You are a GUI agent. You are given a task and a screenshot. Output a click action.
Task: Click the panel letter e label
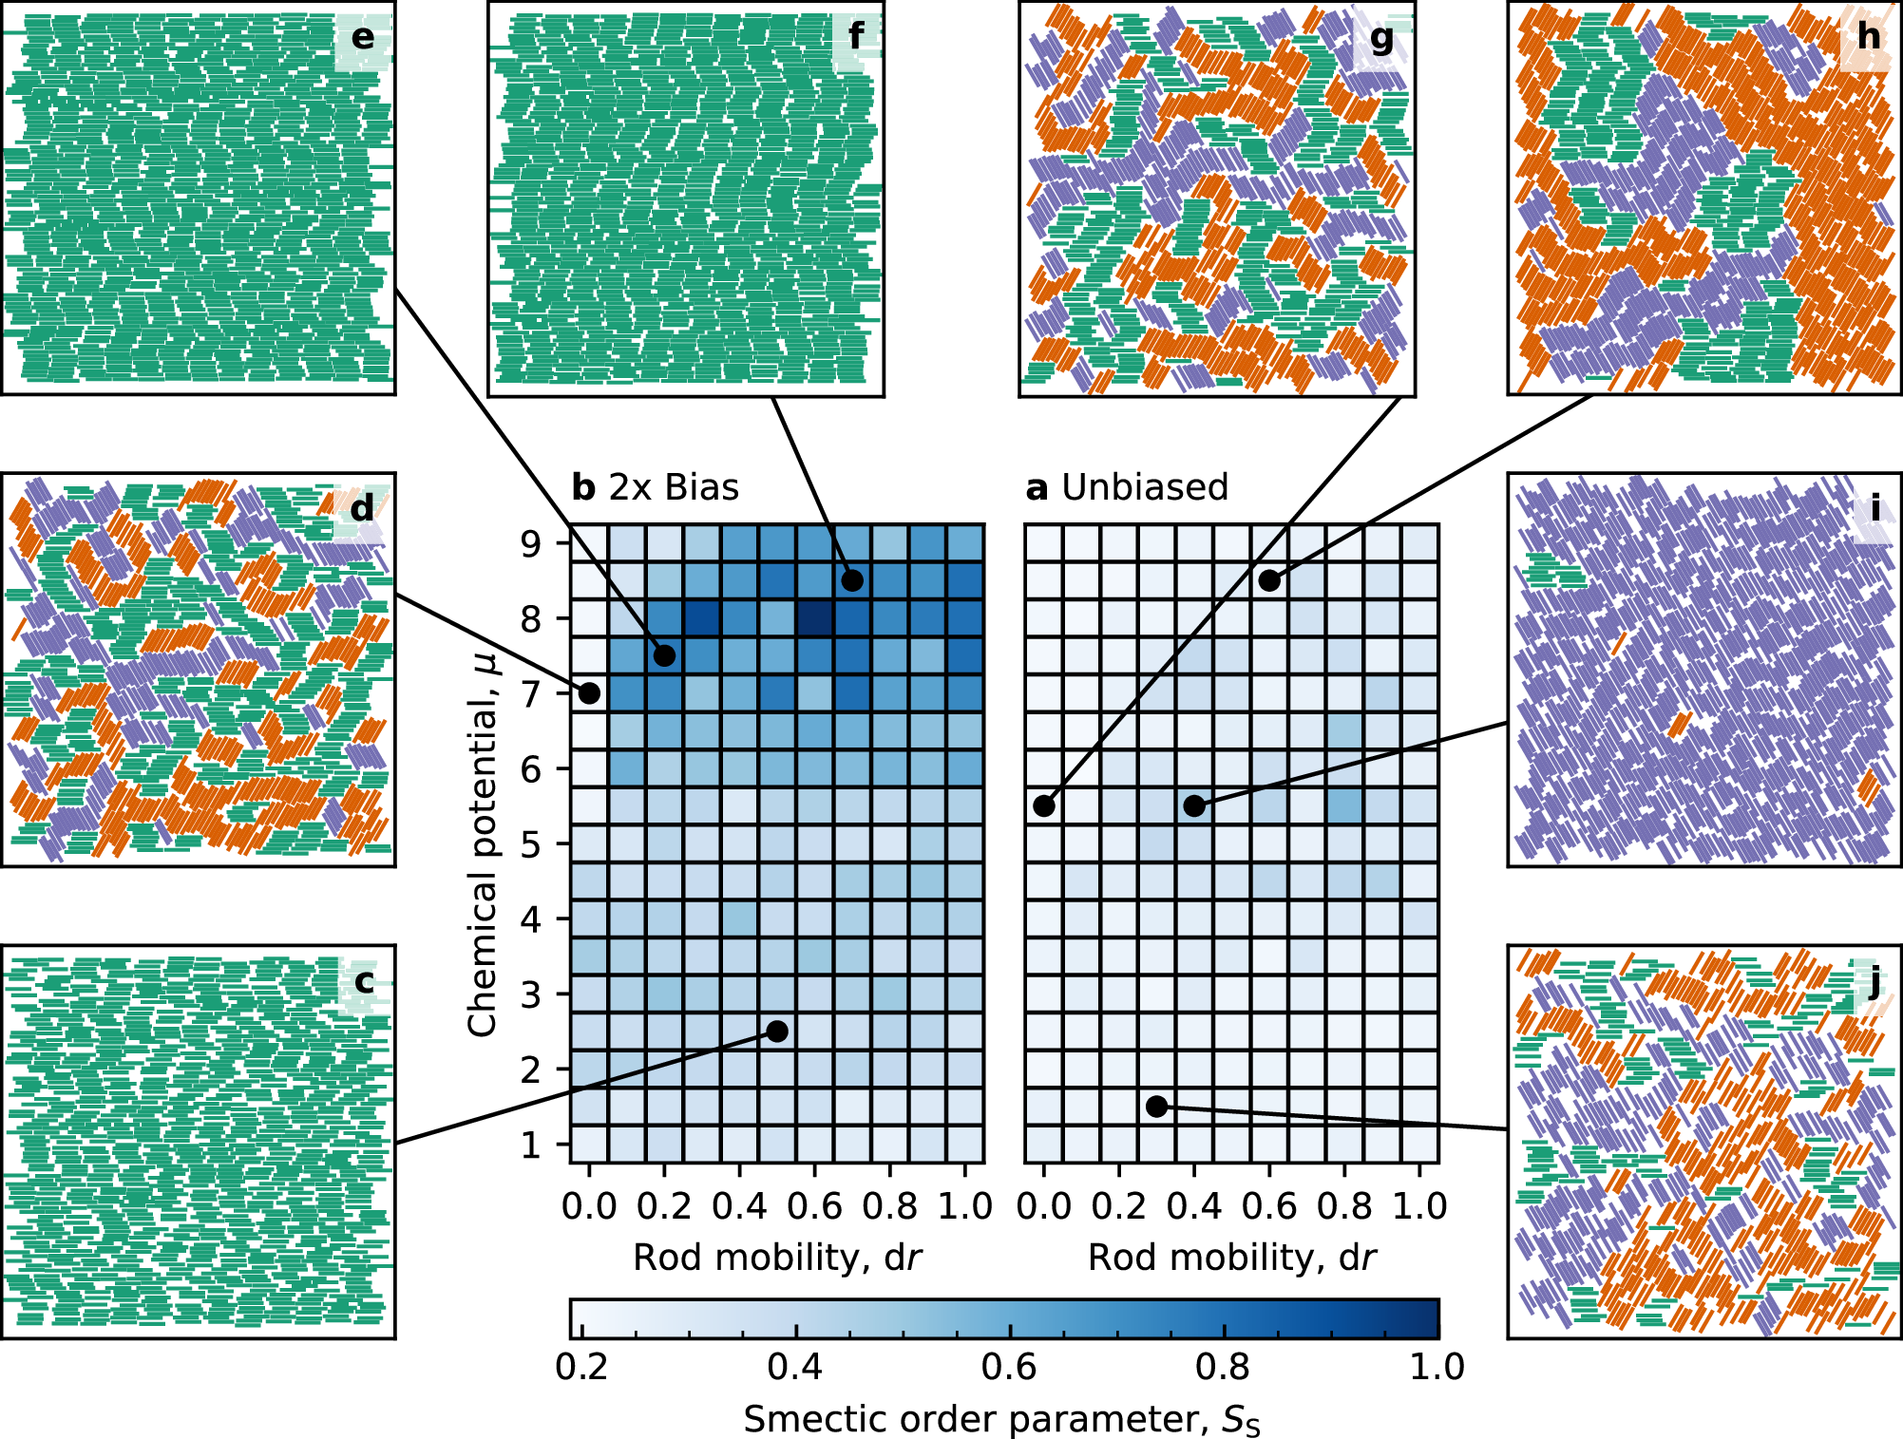point(362,38)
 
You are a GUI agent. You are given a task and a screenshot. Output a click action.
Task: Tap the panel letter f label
point(856,37)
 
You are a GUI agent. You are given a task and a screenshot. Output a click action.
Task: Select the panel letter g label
point(1382,39)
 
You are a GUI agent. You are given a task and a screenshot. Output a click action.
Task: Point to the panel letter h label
point(1868,37)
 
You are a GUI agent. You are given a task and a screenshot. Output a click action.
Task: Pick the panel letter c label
point(364,981)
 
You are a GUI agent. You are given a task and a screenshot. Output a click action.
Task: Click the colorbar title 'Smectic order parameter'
point(1001,1419)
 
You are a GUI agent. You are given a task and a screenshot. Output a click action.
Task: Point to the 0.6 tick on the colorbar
point(1009,1367)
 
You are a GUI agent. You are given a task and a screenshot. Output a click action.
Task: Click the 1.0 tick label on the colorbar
point(1437,1367)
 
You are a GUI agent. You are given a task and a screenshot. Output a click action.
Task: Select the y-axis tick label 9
point(531,543)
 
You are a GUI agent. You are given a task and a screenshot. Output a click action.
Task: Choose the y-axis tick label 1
point(531,1146)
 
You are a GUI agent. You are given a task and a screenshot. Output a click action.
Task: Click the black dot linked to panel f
point(852,580)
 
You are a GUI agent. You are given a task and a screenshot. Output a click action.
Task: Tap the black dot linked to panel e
point(664,655)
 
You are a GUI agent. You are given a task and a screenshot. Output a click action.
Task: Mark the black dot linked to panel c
point(777,1032)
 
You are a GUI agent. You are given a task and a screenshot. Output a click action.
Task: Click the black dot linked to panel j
point(1156,1107)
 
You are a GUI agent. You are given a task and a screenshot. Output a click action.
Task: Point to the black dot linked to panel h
point(1269,580)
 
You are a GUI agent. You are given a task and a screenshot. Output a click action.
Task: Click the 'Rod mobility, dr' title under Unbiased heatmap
point(1231,1258)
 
